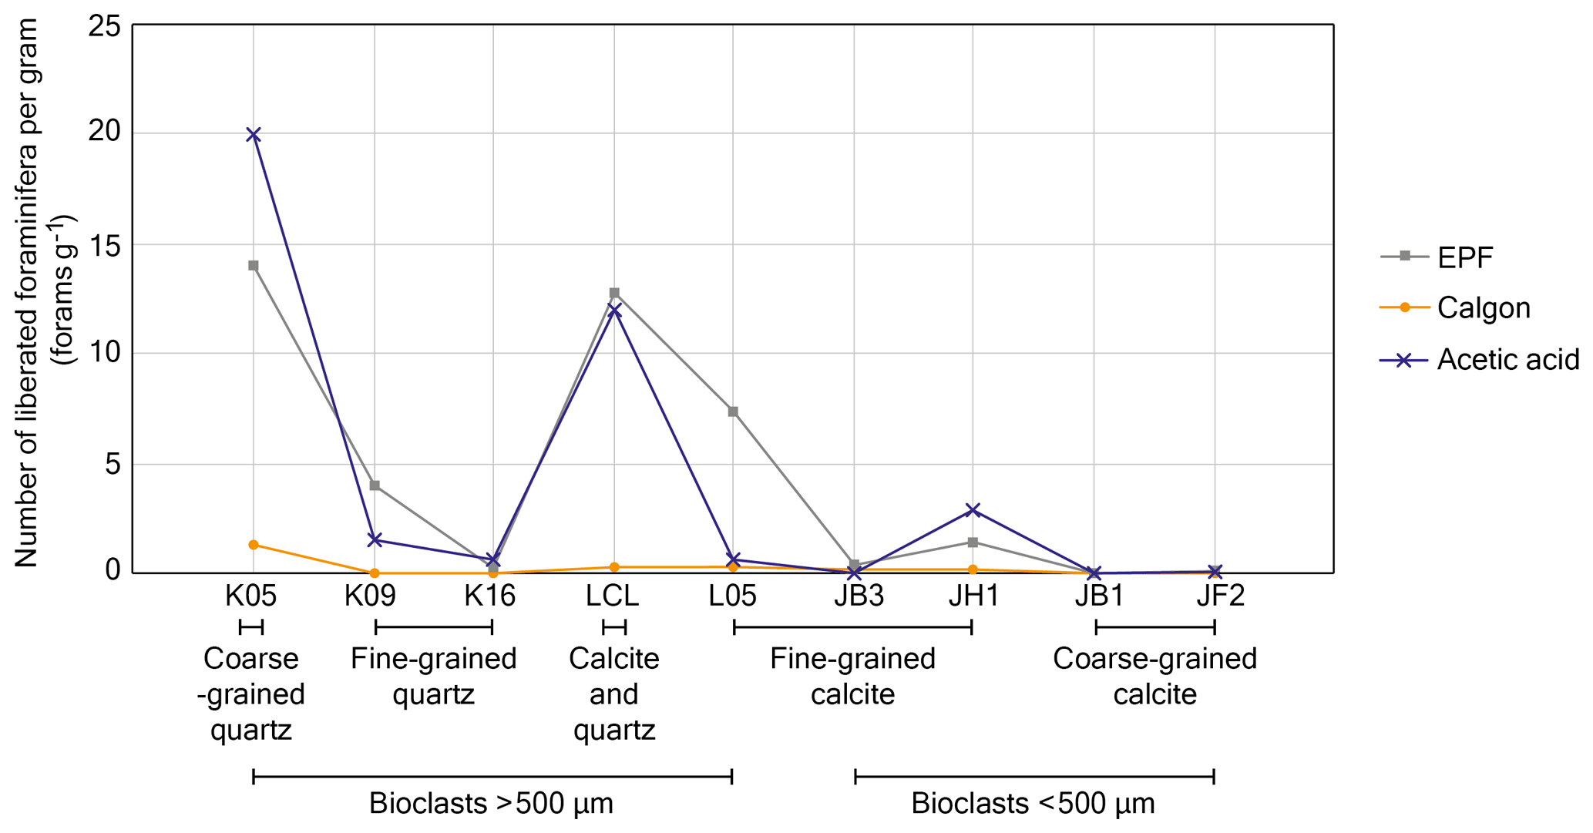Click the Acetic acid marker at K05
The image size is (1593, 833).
(x=254, y=135)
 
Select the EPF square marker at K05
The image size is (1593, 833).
(x=254, y=266)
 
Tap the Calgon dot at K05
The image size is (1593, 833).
(x=254, y=545)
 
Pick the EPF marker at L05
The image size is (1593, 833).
(x=733, y=411)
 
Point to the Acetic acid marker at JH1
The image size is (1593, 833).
(x=973, y=510)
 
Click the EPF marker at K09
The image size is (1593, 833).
(x=375, y=485)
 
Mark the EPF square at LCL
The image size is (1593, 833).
(x=614, y=293)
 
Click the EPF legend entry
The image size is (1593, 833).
(x=1465, y=257)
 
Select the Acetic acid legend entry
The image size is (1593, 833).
(x=1507, y=360)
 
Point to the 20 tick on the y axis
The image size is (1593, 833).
(x=105, y=132)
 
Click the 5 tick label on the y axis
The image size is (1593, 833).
(x=113, y=464)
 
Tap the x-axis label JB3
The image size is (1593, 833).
(x=858, y=596)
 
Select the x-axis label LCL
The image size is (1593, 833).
(x=613, y=596)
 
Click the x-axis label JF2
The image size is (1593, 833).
(x=1220, y=596)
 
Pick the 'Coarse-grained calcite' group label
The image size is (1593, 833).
(x=1154, y=677)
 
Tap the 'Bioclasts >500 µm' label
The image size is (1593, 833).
(x=491, y=804)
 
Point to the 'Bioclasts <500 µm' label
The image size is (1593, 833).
(x=1033, y=804)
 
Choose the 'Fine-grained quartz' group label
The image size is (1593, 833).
(x=433, y=677)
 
